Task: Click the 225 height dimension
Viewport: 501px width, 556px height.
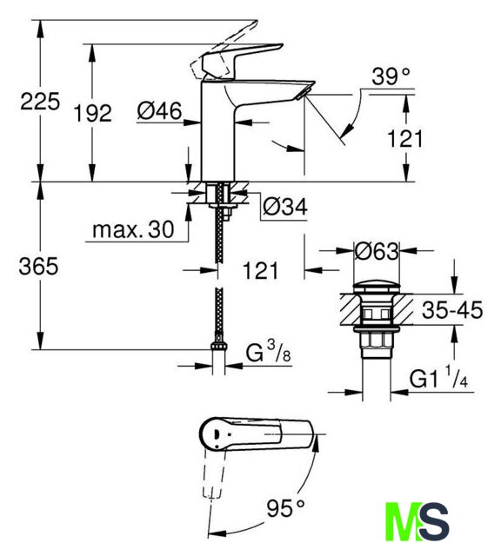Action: click(x=40, y=102)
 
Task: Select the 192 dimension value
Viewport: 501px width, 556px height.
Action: click(x=92, y=114)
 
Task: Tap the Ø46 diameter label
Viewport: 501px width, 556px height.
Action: click(x=159, y=110)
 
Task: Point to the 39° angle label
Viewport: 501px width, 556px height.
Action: click(x=391, y=76)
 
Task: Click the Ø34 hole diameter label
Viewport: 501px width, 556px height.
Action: click(x=285, y=207)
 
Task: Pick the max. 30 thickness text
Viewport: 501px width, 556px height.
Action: click(x=133, y=229)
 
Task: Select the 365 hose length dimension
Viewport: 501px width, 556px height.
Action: click(x=38, y=266)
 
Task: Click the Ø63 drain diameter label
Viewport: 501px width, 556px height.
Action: click(x=377, y=251)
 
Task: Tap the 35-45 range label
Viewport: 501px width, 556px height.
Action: click(x=452, y=309)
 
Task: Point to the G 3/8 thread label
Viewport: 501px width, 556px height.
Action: click(x=269, y=352)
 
